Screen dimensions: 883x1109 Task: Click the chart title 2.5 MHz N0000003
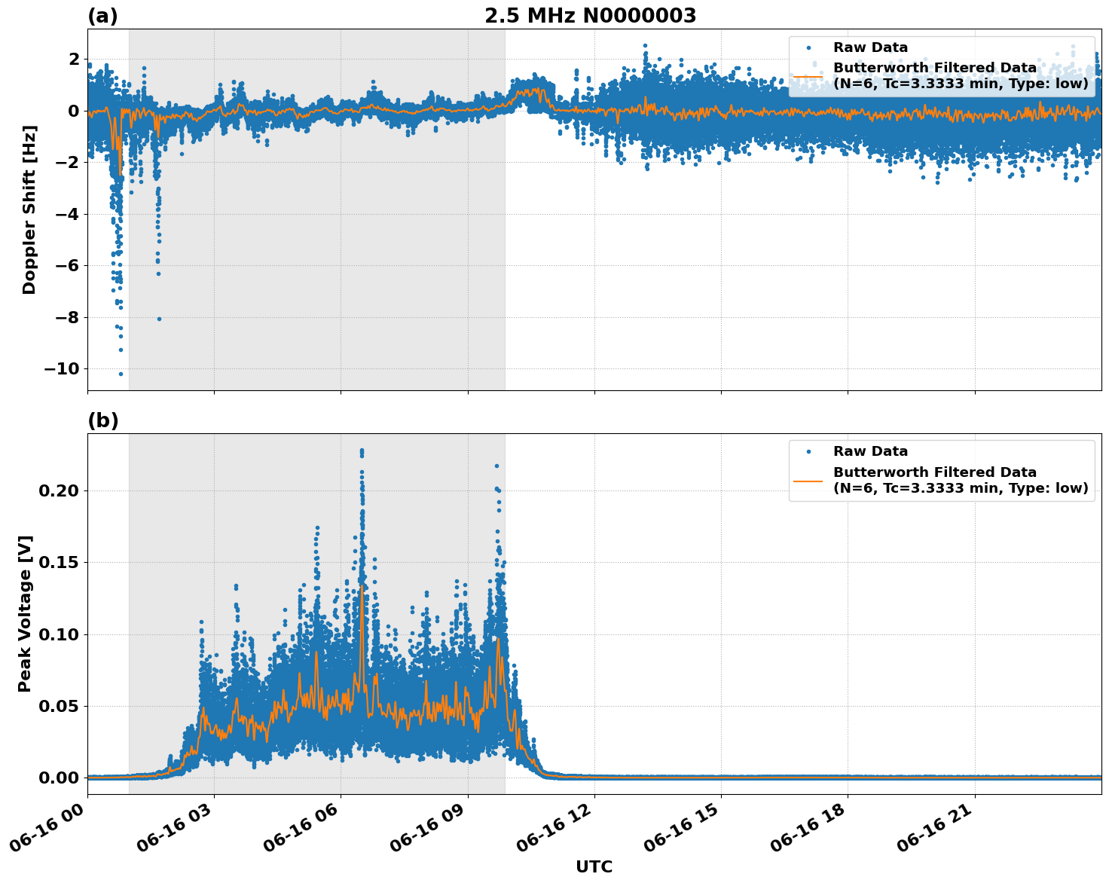(x=590, y=16)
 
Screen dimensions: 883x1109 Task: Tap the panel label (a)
(x=102, y=16)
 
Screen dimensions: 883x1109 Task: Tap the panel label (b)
(x=102, y=420)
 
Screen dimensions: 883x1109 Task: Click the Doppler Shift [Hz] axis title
(x=29, y=209)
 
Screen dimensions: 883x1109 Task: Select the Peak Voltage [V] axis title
(x=25, y=613)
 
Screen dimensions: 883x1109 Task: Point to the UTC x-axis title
(x=594, y=866)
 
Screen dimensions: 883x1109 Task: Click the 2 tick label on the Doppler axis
(x=74, y=60)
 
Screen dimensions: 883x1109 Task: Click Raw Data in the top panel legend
(x=870, y=47)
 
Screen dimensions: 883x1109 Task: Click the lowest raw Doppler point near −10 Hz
(x=121, y=374)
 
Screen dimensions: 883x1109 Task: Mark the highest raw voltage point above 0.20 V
(x=362, y=451)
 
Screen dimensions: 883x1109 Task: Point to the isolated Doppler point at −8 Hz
(x=159, y=319)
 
